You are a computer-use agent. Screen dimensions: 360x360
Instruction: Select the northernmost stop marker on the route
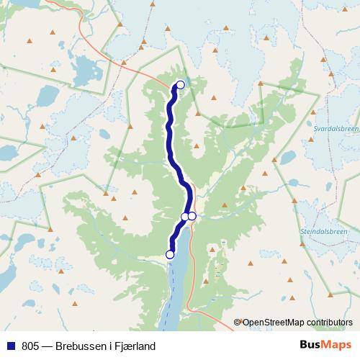(181, 85)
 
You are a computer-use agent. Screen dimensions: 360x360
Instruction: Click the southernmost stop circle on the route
(170, 254)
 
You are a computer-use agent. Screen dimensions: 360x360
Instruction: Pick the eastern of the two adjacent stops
(192, 216)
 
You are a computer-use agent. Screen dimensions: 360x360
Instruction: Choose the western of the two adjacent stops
(184, 216)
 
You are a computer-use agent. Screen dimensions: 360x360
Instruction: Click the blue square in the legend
(11, 346)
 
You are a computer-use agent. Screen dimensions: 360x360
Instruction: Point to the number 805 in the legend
(30, 346)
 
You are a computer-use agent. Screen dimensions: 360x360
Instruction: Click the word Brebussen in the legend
(78, 346)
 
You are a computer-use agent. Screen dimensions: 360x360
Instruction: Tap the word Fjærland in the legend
(135, 346)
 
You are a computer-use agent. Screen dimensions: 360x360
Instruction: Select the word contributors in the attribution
(329, 323)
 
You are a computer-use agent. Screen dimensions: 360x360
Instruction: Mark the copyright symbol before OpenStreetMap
(238, 323)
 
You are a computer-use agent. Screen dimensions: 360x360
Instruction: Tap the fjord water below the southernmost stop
(175, 288)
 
